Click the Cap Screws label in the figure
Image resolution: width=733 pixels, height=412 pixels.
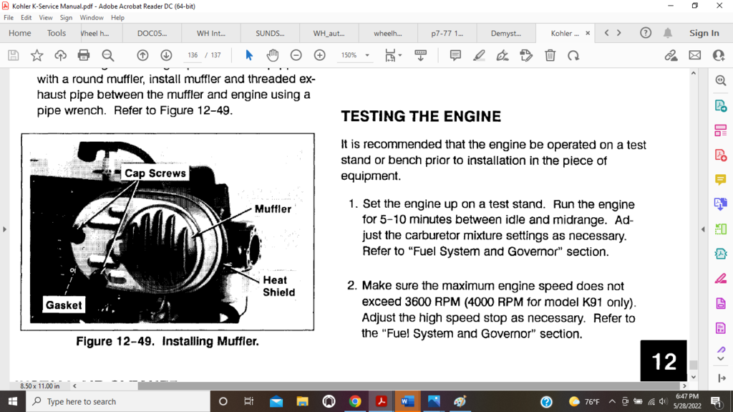coord(155,173)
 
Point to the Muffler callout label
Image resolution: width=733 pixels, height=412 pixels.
coord(273,209)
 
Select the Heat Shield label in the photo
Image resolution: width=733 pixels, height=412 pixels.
coord(278,286)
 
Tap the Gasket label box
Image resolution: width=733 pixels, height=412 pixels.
coord(64,305)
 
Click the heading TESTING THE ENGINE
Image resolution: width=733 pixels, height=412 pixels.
coord(421,116)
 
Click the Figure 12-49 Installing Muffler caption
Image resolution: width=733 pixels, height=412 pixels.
coord(168,342)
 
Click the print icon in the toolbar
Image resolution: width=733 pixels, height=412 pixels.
coord(84,55)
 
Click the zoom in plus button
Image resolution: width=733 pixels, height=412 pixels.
coord(319,55)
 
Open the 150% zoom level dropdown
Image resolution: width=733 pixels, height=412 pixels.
coord(355,55)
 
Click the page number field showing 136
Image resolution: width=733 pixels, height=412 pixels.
coord(193,55)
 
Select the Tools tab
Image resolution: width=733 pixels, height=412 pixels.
coord(57,33)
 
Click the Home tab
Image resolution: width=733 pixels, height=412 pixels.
coord(19,33)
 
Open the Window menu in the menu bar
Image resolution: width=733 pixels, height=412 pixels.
coord(92,17)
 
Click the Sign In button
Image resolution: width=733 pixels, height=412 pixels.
coord(704,33)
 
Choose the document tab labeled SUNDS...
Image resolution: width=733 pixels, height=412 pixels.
coord(270,33)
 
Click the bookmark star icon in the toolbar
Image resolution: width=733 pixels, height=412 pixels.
coord(37,55)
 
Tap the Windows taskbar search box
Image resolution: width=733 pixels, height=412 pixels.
coord(118,401)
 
